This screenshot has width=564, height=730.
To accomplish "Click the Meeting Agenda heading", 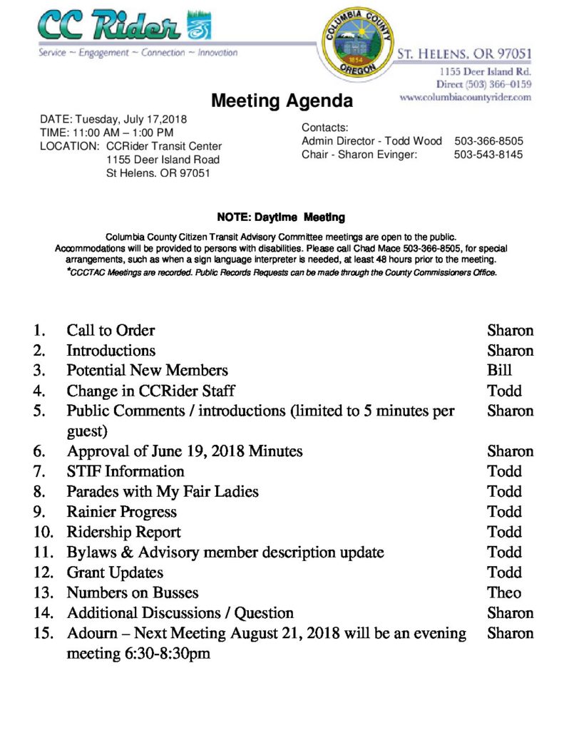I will tap(282, 101).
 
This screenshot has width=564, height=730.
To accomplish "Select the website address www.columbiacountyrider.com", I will tap(466, 97).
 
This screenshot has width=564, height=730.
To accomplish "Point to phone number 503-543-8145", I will tap(488, 154).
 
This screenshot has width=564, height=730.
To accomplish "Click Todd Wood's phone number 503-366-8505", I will tap(488, 141).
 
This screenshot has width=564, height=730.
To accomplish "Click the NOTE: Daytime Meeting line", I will tap(281, 217).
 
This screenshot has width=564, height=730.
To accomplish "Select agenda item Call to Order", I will tap(111, 330).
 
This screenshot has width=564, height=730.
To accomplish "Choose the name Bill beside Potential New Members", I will tap(499, 370).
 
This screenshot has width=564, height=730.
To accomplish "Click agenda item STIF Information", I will tap(125, 471).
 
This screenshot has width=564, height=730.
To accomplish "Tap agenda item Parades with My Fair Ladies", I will tap(163, 491).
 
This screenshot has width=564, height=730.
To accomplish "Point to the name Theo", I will tap(504, 592).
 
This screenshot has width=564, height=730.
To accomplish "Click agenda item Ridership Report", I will tap(123, 532).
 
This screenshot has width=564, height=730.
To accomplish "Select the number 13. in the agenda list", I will tap(43, 592).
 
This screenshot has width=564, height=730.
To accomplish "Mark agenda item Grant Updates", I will tap(115, 572).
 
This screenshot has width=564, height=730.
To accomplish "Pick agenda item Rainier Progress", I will tap(121, 512).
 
